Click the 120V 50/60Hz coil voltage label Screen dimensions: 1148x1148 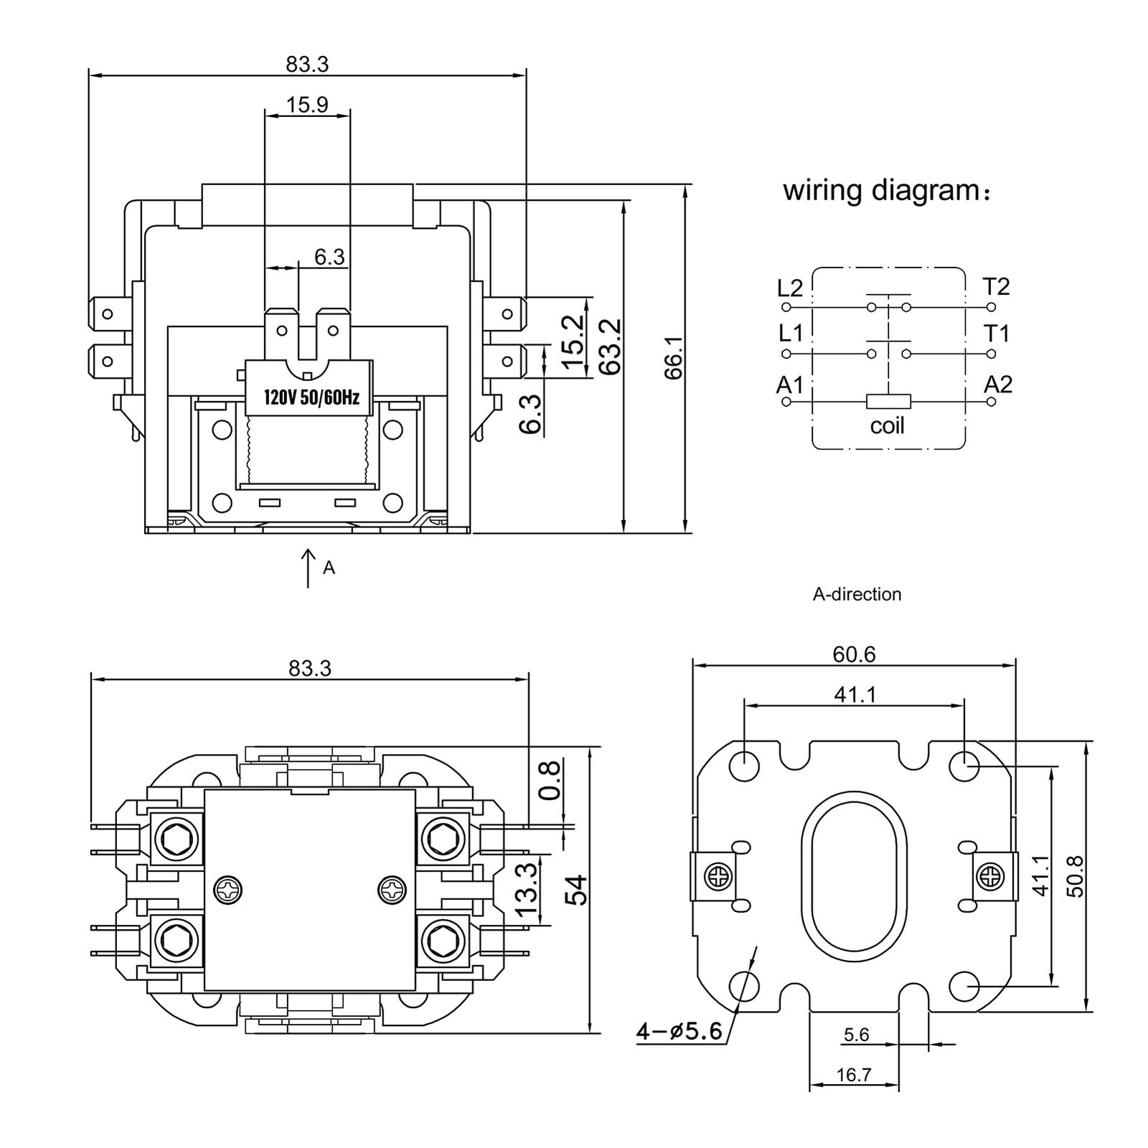(x=312, y=397)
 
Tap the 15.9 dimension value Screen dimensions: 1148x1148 (x=307, y=105)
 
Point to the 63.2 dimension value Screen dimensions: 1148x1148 (x=610, y=347)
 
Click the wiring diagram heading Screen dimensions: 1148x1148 (x=887, y=191)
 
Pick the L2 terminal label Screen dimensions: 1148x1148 (x=790, y=288)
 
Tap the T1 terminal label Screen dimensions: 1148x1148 (x=997, y=334)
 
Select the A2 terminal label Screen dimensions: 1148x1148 (x=997, y=385)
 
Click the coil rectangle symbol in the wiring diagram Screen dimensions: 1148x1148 (x=888, y=401)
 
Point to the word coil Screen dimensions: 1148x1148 (x=888, y=426)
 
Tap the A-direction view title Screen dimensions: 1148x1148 (x=857, y=594)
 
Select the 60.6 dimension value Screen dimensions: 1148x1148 (x=854, y=654)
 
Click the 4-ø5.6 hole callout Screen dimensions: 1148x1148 (x=679, y=1031)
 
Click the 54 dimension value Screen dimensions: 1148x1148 (x=578, y=890)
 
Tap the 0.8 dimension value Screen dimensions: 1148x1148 (x=550, y=781)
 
